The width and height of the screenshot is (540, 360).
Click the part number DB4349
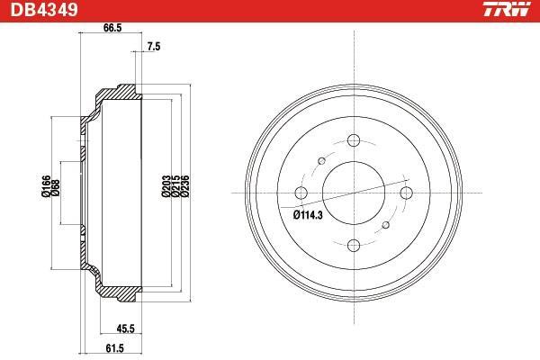point(44,9)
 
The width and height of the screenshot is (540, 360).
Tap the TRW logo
point(507,9)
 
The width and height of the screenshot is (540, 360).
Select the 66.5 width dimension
point(112,28)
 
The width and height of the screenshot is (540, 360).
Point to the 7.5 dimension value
point(154,47)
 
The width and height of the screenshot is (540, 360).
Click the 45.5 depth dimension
point(125,328)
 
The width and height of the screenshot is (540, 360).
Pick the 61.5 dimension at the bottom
point(114,348)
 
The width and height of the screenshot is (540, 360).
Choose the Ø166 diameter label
point(46,186)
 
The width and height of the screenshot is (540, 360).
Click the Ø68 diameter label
point(55,188)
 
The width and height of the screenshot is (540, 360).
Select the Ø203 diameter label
point(166,186)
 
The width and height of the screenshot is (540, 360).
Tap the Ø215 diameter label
point(175,186)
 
